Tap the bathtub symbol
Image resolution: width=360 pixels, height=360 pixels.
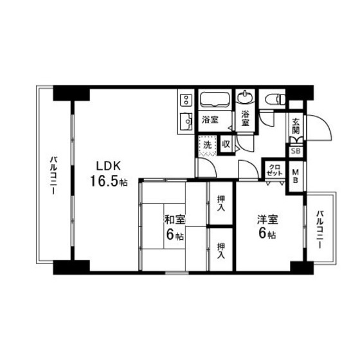coord(215,100)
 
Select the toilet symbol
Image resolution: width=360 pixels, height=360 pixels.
coord(273,98)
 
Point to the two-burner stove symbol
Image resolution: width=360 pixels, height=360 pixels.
coord(186,100)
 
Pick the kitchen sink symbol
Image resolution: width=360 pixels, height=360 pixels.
coord(186,120)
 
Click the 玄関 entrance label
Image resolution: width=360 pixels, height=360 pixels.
coord(296,125)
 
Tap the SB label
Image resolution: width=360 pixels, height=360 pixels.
coord(296,151)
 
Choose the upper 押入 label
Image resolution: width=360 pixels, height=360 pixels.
coord(221,204)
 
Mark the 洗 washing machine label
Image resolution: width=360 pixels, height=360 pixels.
coord(207,145)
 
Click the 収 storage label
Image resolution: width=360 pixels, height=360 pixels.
coord(226,145)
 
